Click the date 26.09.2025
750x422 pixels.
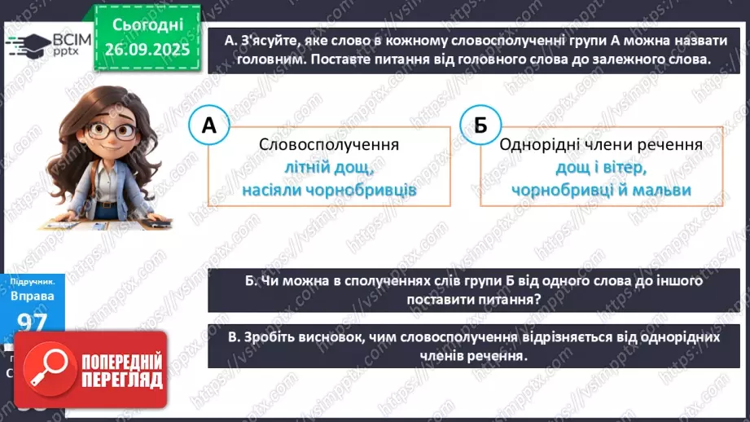click(147, 49)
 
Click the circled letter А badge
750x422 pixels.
click(208, 125)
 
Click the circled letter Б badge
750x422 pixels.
click(480, 125)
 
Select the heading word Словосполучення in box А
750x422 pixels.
click(328, 145)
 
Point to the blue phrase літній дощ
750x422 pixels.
click(328, 167)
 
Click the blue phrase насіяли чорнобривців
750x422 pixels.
click(328, 190)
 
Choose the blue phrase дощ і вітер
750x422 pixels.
click(601, 167)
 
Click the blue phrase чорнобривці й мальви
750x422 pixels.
click(601, 190)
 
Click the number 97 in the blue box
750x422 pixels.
click(33, 322)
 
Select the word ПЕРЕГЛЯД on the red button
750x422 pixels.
click(121, 380)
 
